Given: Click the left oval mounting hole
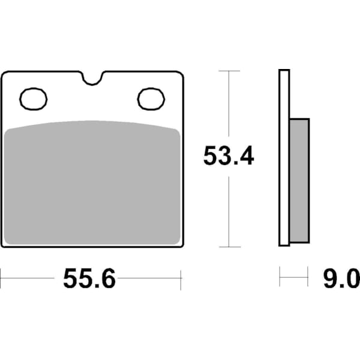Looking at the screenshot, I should (x=34, y=99).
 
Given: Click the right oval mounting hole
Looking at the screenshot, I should (x=151, y=99).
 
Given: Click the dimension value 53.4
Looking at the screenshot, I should (x=229, y=157).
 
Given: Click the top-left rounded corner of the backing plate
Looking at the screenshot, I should (x=5, y=74).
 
